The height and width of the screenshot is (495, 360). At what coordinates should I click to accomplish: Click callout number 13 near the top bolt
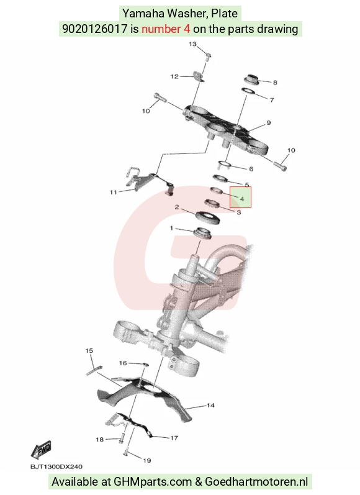(x=192, y=44)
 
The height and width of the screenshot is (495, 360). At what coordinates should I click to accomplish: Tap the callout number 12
(x=174, y=76)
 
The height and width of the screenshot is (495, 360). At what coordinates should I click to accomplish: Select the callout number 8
(x=275, y=83)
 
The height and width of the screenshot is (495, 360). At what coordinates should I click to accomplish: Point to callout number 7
(x=272, y=100)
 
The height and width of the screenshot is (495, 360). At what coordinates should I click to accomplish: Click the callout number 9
(x=269, y=123)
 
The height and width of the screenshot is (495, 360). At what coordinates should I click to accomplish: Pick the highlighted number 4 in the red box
(x=242, y=199)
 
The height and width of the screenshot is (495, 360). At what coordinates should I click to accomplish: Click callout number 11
(x=113, y=193)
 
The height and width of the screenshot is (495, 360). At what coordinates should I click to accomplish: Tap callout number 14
(x=210, y=406)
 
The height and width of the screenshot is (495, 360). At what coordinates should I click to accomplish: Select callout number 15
(x=89, y=351)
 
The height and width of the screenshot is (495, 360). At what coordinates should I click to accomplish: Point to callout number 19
(x=146, y=461)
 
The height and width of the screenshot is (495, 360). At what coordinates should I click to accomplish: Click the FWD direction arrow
(x=41, y=450)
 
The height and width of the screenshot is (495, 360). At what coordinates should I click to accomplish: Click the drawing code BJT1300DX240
(x=56, y=467)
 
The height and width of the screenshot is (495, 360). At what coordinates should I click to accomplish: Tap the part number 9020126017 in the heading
(x=94, y=29)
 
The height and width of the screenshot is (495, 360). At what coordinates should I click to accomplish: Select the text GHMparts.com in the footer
(x=153, y=482)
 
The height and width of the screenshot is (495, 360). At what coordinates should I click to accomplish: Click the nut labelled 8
(x=252, y=80)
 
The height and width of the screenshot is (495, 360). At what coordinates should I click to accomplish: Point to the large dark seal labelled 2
(x=207, y=217)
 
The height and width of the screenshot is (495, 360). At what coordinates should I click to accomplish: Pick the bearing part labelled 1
(x=202, y=234)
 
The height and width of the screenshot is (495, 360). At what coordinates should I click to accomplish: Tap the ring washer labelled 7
(x=248, y=91)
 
